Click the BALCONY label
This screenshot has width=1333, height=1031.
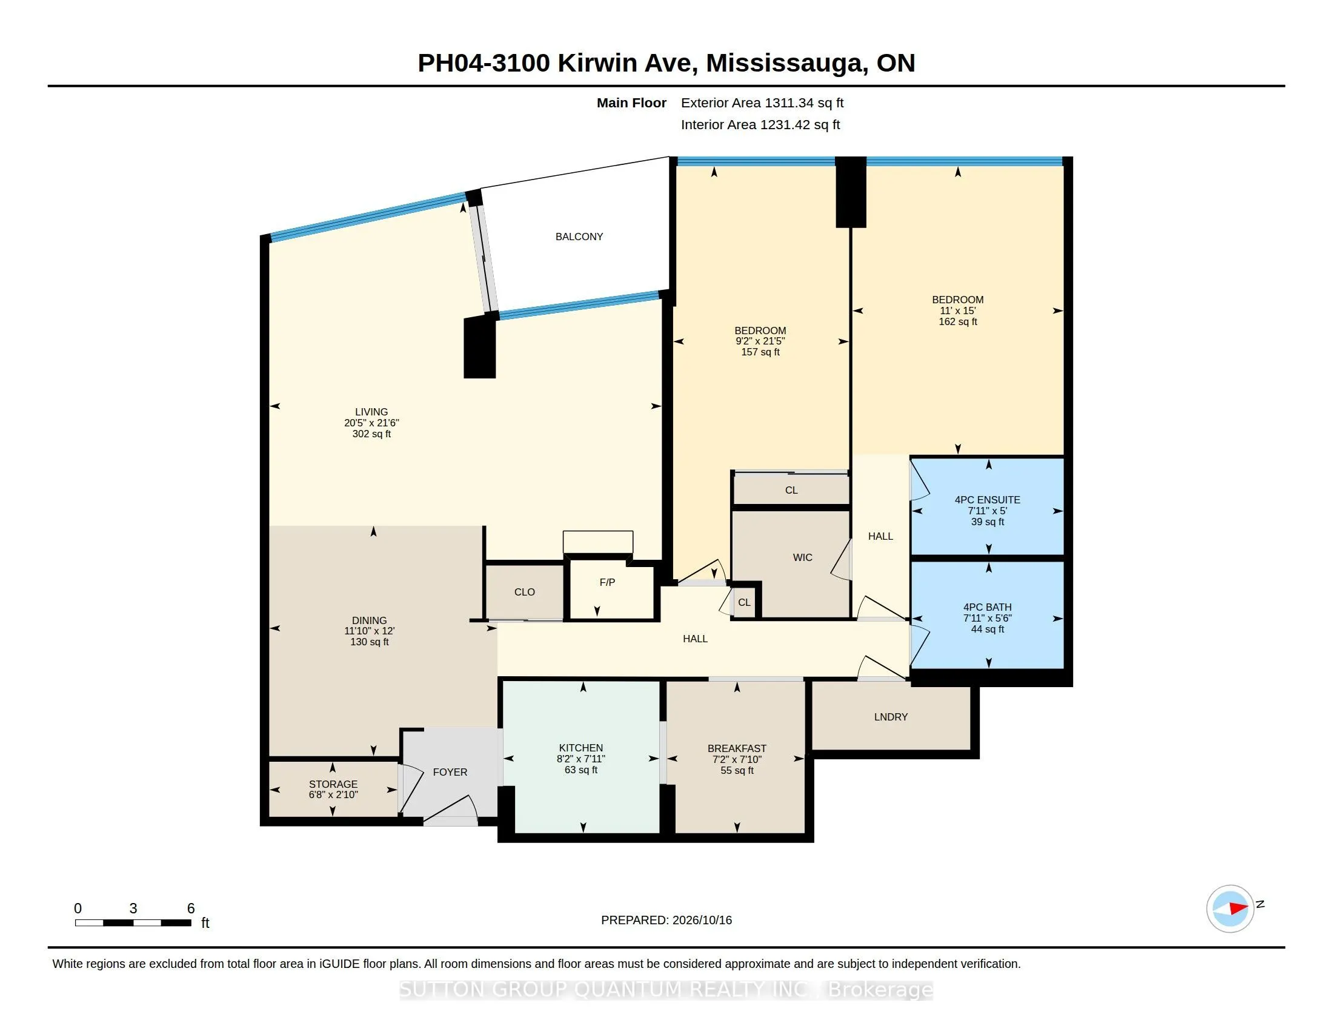[x=579, y=237]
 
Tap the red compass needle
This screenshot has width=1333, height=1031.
[x=1238, y=908]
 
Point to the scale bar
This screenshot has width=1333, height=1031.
[x=133, y=923]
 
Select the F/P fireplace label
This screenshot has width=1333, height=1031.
[x=607, y=582]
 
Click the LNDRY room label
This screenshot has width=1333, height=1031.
[x=891, y=716]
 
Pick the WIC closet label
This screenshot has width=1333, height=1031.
[x=802, y=557]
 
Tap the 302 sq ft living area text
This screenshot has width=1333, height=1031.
[x=371, y=434]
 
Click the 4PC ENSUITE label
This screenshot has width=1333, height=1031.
[x=987, y=500]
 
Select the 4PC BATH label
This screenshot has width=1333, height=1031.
[x=987, y=607]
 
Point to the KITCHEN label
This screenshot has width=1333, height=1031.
[x=580, y=748]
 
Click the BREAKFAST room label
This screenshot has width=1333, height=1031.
[x=737, y=748]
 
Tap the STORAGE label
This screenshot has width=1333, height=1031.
[x=333, y=784]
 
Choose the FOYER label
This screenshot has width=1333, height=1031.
[x=450, y=772]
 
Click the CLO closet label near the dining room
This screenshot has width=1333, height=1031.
[x=524, y=592]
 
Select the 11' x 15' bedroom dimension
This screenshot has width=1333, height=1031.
[x=957, y=311]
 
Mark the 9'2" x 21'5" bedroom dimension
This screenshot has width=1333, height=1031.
[x=760, y=341]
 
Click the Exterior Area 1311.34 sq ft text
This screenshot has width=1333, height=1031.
[x=762, y=102]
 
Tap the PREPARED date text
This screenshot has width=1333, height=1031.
[x=666, y=920]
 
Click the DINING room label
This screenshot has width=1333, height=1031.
[x=369, y=620]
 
